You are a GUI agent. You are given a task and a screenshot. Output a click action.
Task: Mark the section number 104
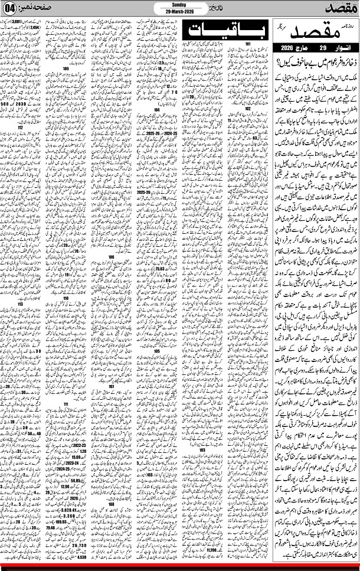[157, 110]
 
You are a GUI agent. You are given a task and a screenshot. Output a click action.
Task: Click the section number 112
[21, 143]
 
